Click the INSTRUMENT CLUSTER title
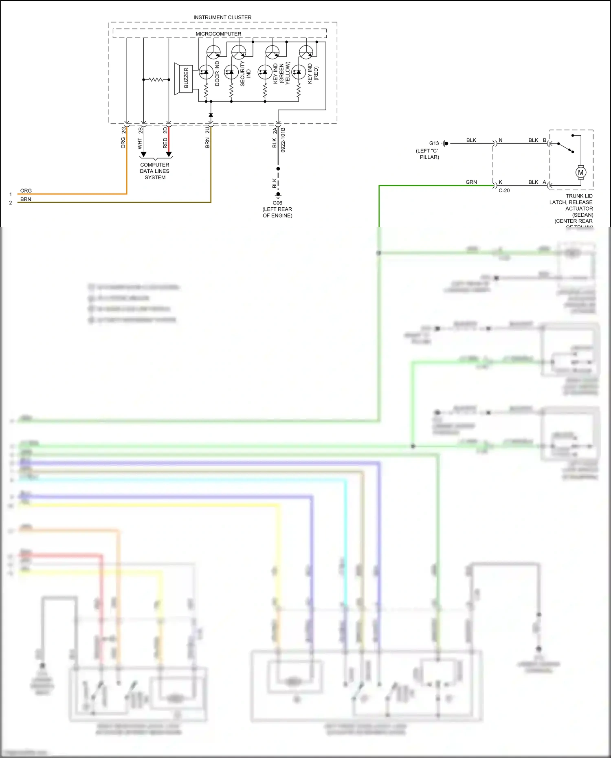point(222,18)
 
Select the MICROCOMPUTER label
point(218,34)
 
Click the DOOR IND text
point(217,73)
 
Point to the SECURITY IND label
point(245,74)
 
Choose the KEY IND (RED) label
point(313,73)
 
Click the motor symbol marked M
point(580,172)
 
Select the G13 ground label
point(434,143)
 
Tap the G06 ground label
point(277,203)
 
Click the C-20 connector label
point(504,191)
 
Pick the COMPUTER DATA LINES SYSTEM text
point(155,171)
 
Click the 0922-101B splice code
point(283,140)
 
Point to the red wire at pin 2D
point(169,141)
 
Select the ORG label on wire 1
point(26,191)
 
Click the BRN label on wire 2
point(26,199)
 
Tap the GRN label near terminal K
point(471,182)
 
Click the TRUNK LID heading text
point(579,196)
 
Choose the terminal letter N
point(501,140)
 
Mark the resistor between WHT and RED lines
point(156,79)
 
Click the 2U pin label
point(207,130)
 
